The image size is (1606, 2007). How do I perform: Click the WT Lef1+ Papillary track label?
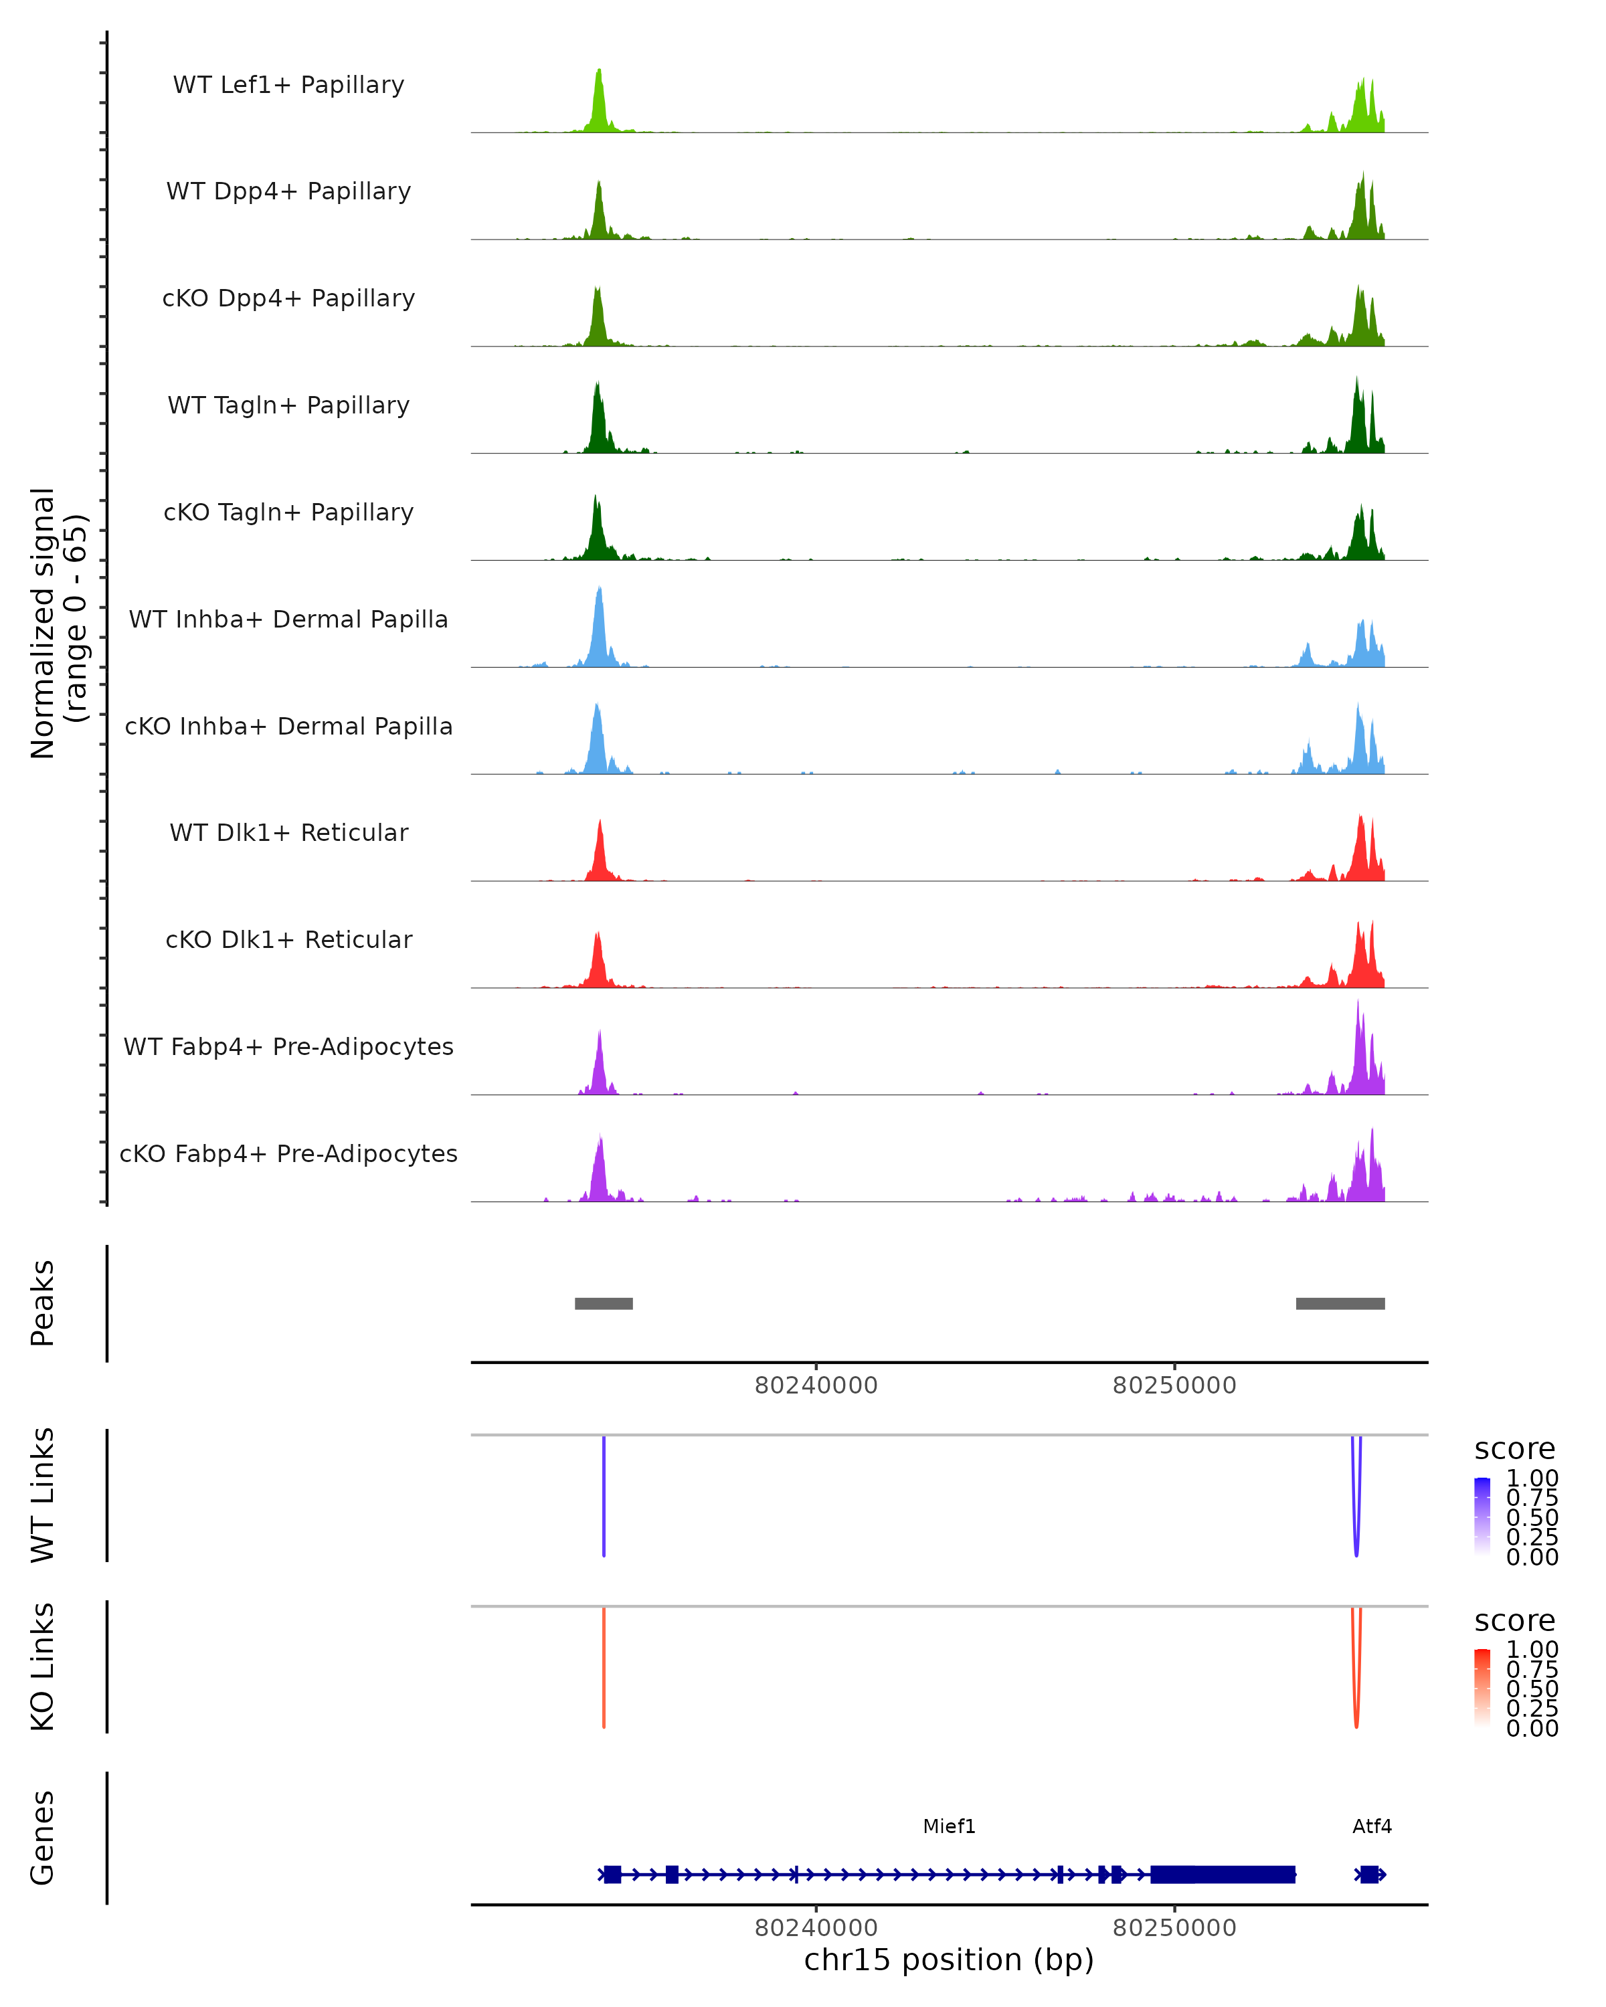point(288,85)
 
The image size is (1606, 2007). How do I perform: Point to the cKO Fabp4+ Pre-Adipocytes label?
point(288,1153)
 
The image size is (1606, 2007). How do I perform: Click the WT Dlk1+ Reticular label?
point(288,832)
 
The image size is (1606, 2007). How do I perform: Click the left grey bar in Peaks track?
point(604,1303)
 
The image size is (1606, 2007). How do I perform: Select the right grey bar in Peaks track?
point(1340,1303)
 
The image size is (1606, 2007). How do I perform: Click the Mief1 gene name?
point(949,1826)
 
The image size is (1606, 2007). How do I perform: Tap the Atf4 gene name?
point(1371,1826)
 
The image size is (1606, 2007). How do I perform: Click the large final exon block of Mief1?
point(1223,1874)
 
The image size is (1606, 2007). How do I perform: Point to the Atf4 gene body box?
point(1368,1874)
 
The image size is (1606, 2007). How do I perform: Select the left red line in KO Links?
point(604,1666)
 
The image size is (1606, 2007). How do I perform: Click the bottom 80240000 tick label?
point(816,1927)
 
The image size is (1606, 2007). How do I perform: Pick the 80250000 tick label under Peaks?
point(1174,1385)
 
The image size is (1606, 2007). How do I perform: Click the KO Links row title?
point(43,1666)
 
